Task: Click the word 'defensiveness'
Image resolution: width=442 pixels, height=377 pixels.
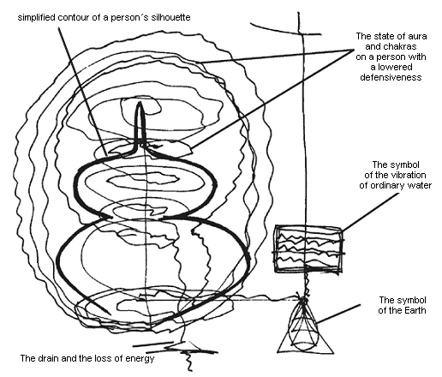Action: click(x=391, y=77)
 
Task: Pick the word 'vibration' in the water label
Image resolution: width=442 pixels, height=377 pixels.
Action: click(x=409, y=175)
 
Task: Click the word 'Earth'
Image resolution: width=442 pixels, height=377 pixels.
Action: click(x=415, y=310)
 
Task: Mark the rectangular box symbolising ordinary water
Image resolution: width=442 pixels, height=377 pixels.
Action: click(x=308, y=249)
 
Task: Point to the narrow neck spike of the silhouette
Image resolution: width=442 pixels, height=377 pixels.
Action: click(x=140, y=123)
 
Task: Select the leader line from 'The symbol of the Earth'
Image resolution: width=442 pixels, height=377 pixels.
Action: click(x=338, y=314)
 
